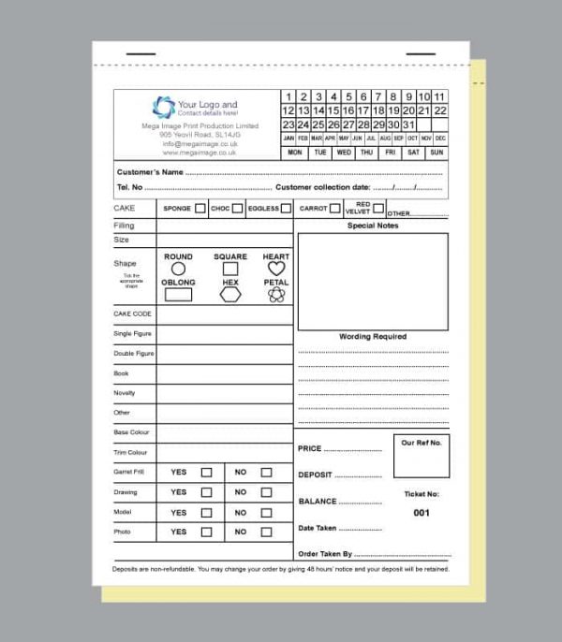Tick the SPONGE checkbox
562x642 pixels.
click(x=200, y=209)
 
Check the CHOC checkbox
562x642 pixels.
click(x=237, y=209)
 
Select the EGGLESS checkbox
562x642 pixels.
click(x=286, y=209)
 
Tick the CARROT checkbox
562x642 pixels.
click(x=334, y=208)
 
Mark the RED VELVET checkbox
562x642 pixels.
click(x=378, y=208)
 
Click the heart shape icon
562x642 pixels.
click(x=275, y=269)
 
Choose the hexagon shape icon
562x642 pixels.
click(x=230, y=295)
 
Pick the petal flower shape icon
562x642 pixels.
click(x=275, y=295)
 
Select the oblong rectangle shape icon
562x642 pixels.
click(x=178, y=295)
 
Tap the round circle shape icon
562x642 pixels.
click(x=178, y=269)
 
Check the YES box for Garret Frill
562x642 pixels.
click(x=206, y=473)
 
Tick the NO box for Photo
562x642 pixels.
click(x=266, y=532)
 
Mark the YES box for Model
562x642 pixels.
click(x=206, y=512)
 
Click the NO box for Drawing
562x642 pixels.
click(x=266, y=492)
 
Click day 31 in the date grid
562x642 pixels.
click(x=408, y=124)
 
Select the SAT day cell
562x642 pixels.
click(x=413, y=152)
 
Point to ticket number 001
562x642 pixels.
click(x=421, y=513)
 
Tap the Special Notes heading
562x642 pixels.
click(x=373, y=226)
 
